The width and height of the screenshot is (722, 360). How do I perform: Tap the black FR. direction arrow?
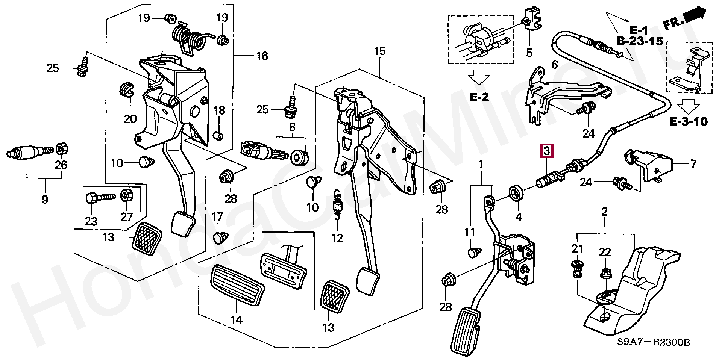[694, 16]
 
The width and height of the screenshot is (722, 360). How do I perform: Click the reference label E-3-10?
[688, 121]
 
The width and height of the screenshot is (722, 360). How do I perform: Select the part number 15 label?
[380, 51]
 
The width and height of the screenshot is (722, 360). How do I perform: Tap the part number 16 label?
[262, 56]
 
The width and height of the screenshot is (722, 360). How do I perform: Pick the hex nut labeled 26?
[61, 149]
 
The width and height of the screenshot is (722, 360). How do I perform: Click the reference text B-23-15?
[639, 41]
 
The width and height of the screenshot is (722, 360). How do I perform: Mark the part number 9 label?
[45, 199]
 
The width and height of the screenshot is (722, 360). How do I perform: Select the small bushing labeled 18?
[218, 135]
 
